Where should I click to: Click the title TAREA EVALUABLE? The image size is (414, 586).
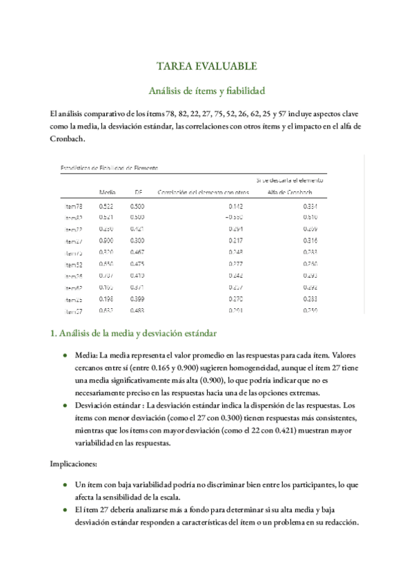pos(207,66)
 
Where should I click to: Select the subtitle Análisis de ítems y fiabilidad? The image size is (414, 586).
pos(207,91)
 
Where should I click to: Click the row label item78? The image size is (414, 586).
pos(74,206)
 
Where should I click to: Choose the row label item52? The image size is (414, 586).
pos(74,264)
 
